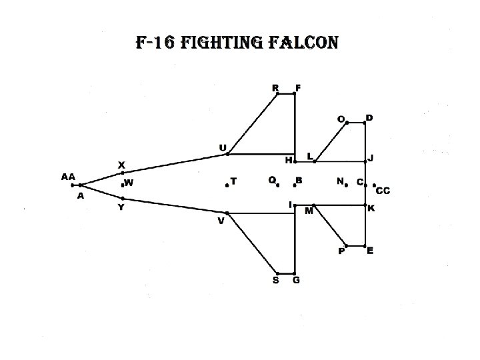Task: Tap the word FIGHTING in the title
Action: (226, 44)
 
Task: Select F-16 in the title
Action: (155, 44)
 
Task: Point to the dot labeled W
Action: (123, 184)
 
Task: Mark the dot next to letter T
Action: (227, 185)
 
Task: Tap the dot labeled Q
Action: (277, 185)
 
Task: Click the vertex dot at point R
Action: (278, 94)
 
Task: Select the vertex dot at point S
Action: (278, 273)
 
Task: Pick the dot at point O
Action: (347, 123)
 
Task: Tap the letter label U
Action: (223, 147)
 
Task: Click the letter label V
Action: (221, 221)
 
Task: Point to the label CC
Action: (383, 191)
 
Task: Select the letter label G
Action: (296, 281)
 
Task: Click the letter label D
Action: (369, 118)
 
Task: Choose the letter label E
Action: (370, 251)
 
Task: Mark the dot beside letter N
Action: (347, 185)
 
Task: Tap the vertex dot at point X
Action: (123, 173)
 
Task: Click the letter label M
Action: (309, 211)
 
